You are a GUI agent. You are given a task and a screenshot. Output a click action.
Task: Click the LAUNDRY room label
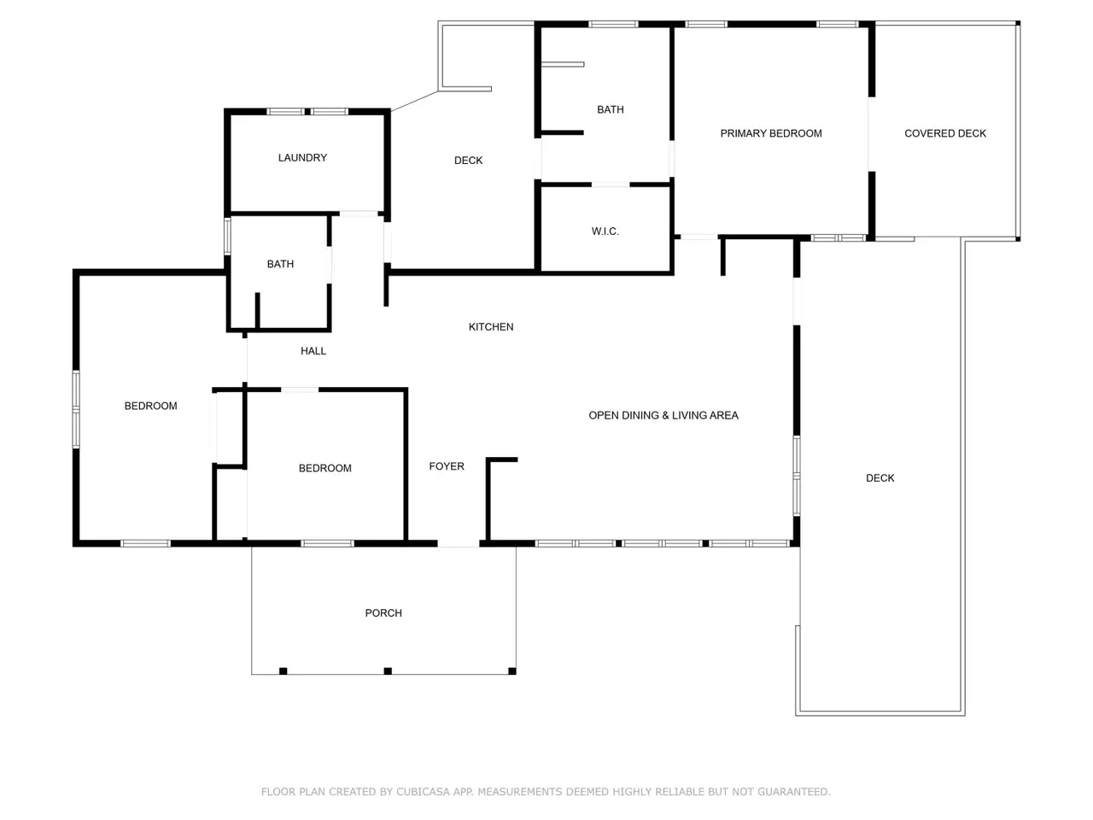tap(302, 158)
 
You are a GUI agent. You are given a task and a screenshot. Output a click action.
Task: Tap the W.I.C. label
tap(605, 231)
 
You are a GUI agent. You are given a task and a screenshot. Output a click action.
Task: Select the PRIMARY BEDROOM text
tap(771, 133)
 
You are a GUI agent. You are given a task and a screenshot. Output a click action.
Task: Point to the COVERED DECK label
tap(945, 133)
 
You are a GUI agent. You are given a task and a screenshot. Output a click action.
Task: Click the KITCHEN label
tap(491, 327)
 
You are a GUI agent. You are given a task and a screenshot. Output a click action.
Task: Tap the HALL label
tap(313, 351)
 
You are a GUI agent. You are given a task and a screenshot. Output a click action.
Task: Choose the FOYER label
tap(447, 466)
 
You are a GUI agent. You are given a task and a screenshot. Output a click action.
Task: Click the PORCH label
tap(383, 613)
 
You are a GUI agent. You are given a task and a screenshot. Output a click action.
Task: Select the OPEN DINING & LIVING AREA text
tap(663, 415)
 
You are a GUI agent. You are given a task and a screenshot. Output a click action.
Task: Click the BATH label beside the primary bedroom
tap(611, 109)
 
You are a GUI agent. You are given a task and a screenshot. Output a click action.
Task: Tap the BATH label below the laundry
tap(280, 264)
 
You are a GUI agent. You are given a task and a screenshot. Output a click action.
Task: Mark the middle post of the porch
tap(388, 671)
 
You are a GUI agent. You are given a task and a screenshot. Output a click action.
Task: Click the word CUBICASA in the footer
tap(423, 792)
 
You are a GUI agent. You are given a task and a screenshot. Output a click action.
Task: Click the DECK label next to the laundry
tap(468, 161)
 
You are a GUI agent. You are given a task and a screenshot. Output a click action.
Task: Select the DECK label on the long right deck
tap(880, 478)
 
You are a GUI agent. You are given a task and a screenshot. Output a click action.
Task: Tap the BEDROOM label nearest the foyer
tap(325, 468)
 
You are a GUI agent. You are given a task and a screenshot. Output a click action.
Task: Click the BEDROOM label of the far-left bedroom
tap(151, 406)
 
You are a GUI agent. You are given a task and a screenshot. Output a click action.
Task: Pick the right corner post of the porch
tap(511, 671)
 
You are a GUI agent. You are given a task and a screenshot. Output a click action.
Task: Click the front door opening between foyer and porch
tap(459, 544)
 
